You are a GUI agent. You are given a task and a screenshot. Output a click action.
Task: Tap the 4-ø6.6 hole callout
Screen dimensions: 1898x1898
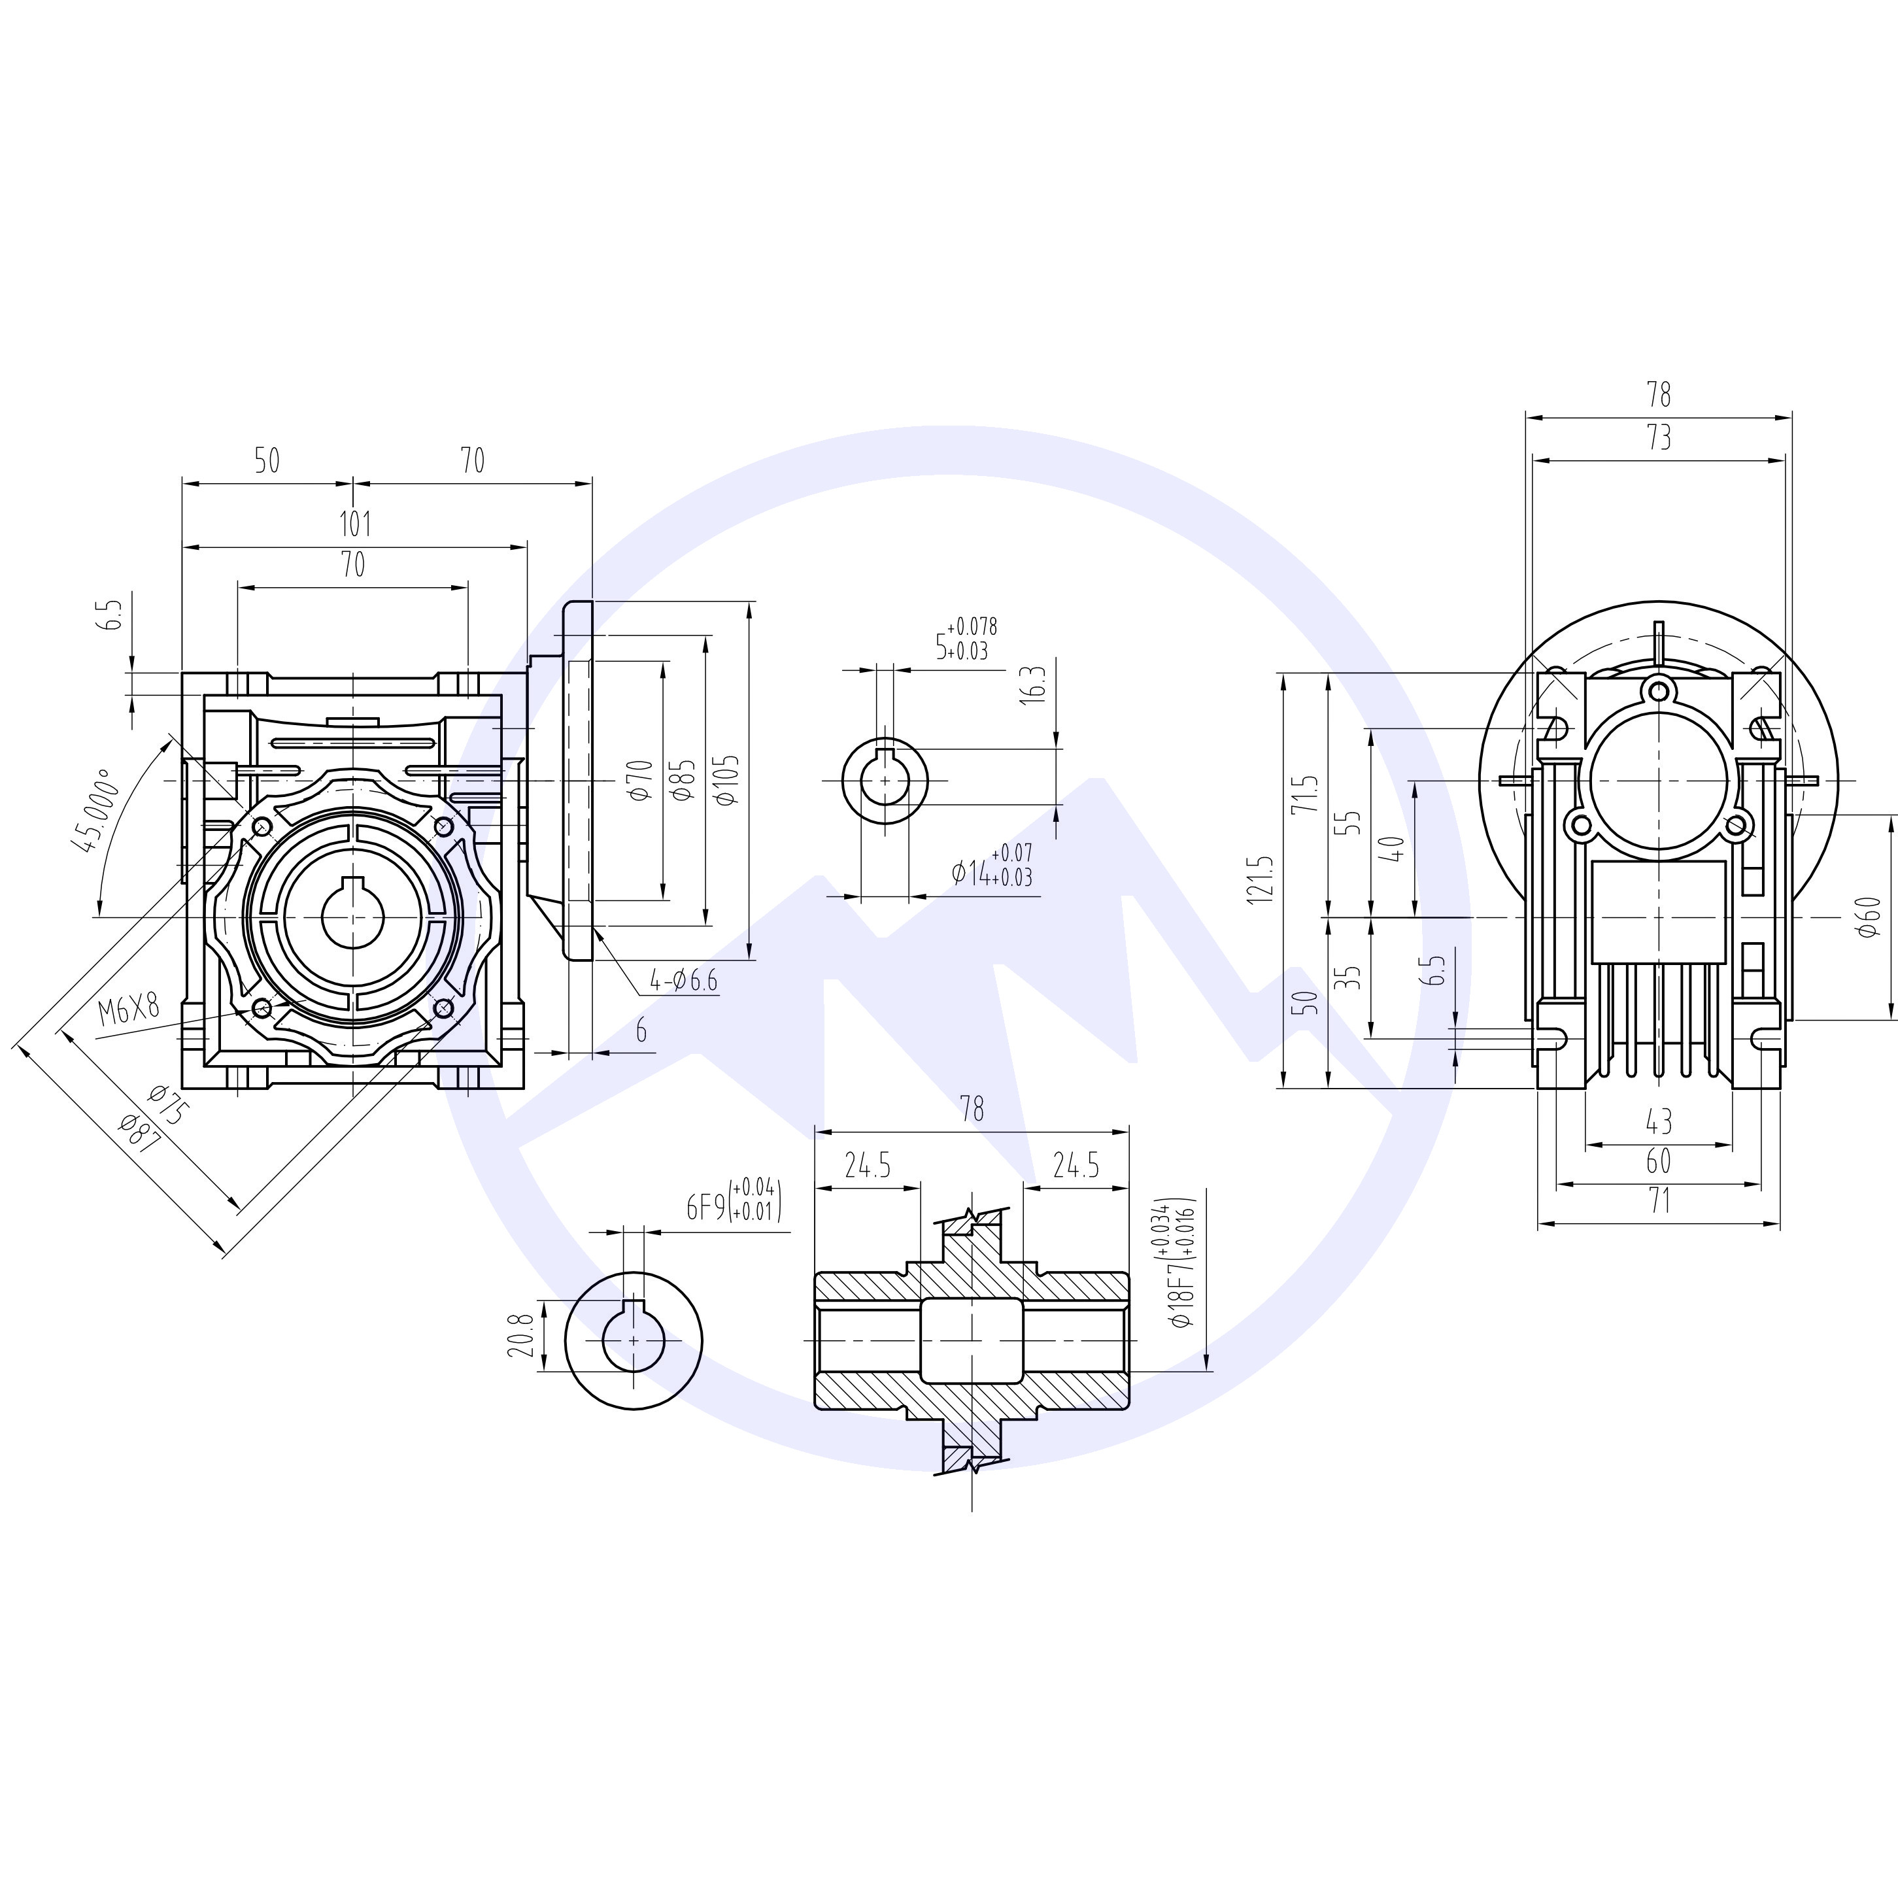point(684,979)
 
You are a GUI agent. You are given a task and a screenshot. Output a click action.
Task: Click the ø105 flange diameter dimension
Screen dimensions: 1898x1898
point(727,781)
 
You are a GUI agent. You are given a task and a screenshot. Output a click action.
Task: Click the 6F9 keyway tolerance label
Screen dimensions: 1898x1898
point(732,1206)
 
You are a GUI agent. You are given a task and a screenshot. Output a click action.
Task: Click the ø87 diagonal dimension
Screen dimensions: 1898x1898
point(137,1138)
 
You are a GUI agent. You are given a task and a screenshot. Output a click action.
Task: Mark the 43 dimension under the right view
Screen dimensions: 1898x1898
point(1657,1121)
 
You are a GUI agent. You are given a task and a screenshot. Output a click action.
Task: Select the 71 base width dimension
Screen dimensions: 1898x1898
point(1657,1200)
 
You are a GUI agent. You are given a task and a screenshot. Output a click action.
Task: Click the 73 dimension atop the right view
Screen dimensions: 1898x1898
point(1658,438)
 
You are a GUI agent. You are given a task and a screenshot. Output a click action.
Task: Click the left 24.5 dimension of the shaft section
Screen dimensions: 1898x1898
point(868,1166)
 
